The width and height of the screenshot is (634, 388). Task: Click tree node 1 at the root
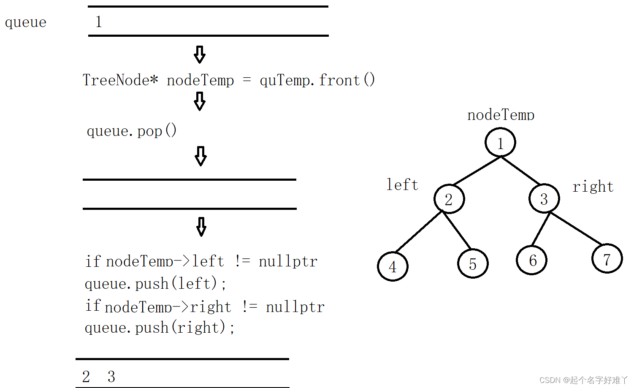[x=500, y=143]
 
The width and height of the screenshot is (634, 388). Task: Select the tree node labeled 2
[x=449, y=199]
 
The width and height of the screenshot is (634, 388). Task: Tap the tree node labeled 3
[x=544, y=198]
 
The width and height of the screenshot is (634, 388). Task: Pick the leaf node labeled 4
[x=393, y=266]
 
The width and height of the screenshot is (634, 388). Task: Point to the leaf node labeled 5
[x=473, y=263]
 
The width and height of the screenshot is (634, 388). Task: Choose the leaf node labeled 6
[x=532, y=260]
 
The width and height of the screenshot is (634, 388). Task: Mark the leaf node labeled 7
[x=607, y=259]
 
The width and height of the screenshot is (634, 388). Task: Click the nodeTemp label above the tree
[x=501, y=115]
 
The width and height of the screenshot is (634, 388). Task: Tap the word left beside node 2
[x=402, y=185]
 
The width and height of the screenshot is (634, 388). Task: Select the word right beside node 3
[x=593, y=186]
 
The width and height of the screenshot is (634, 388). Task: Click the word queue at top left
[x=25, y=22]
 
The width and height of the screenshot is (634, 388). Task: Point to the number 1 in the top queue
[x=98, y=22]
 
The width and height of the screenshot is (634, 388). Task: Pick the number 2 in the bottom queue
[x=86, y=376]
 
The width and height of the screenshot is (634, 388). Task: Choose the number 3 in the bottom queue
[x=111, y=376]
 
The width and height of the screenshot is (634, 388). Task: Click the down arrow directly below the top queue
[x=200, y=54]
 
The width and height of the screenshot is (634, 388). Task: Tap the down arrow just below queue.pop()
[x=201, y=156]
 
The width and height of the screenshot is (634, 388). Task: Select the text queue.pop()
[x=131, y=131]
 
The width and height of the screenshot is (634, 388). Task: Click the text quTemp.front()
[x=317, y=80]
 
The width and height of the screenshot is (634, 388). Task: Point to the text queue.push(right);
[x=160, y=328]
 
